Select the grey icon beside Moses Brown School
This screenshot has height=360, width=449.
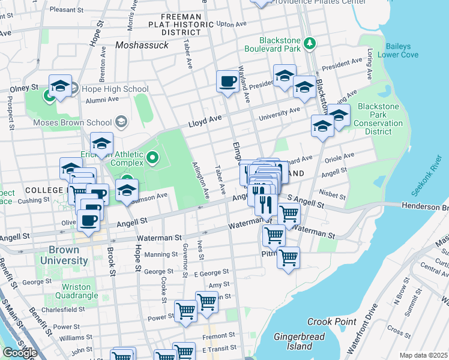(122, 122)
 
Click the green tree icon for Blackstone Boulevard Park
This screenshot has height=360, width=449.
(310, 43)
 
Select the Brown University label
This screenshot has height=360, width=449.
(59, 255)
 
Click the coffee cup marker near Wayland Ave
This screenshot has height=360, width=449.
(228, 80)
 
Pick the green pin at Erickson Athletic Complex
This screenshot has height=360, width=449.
(152, 158)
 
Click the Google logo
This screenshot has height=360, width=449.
(20, 353)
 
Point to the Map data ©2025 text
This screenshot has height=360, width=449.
(423, 355)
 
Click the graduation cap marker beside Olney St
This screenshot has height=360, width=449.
(60, 87)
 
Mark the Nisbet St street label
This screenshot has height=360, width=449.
(333, 194)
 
